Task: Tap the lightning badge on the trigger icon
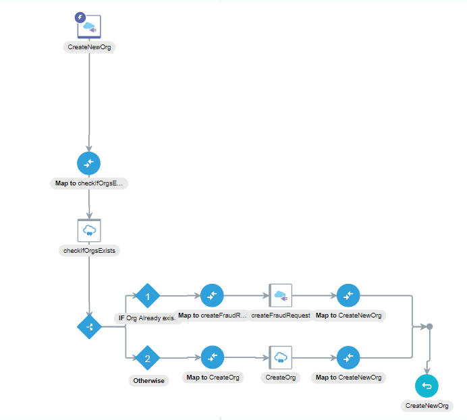80,18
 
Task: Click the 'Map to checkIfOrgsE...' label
89,183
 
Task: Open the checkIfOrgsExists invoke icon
89,230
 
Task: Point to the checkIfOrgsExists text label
89,250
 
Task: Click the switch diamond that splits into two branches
89,327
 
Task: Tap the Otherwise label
147,380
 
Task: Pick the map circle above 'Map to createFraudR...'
212,295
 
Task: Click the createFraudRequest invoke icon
280,295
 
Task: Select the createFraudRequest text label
280,316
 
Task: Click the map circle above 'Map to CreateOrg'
212,357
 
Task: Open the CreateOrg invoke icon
280,357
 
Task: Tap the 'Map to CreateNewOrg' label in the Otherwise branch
348,378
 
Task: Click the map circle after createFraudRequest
348,295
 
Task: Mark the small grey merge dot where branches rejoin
429,327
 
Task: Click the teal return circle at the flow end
427,385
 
